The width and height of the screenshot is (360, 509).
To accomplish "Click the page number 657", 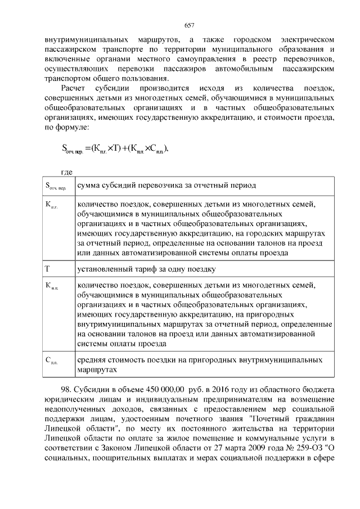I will pos(189,25).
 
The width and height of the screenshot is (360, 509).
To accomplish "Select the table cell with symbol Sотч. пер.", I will pos(58,185).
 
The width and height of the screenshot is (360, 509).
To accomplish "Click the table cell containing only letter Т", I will pos(58,269).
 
